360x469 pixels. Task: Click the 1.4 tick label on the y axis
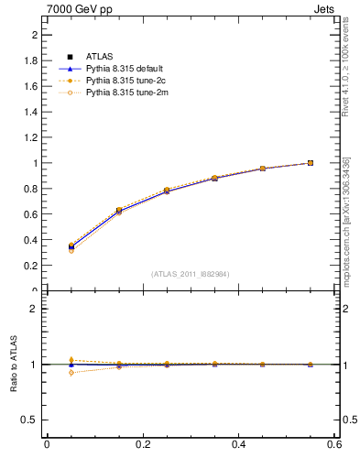[31, 112]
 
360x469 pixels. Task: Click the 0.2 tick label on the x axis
[142, 444]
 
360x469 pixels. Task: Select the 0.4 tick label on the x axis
[238, 444]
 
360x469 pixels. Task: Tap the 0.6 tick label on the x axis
[334, 444]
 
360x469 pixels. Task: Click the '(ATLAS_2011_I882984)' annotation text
[191, 274]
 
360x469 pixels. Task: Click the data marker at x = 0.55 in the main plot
[311, 163]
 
